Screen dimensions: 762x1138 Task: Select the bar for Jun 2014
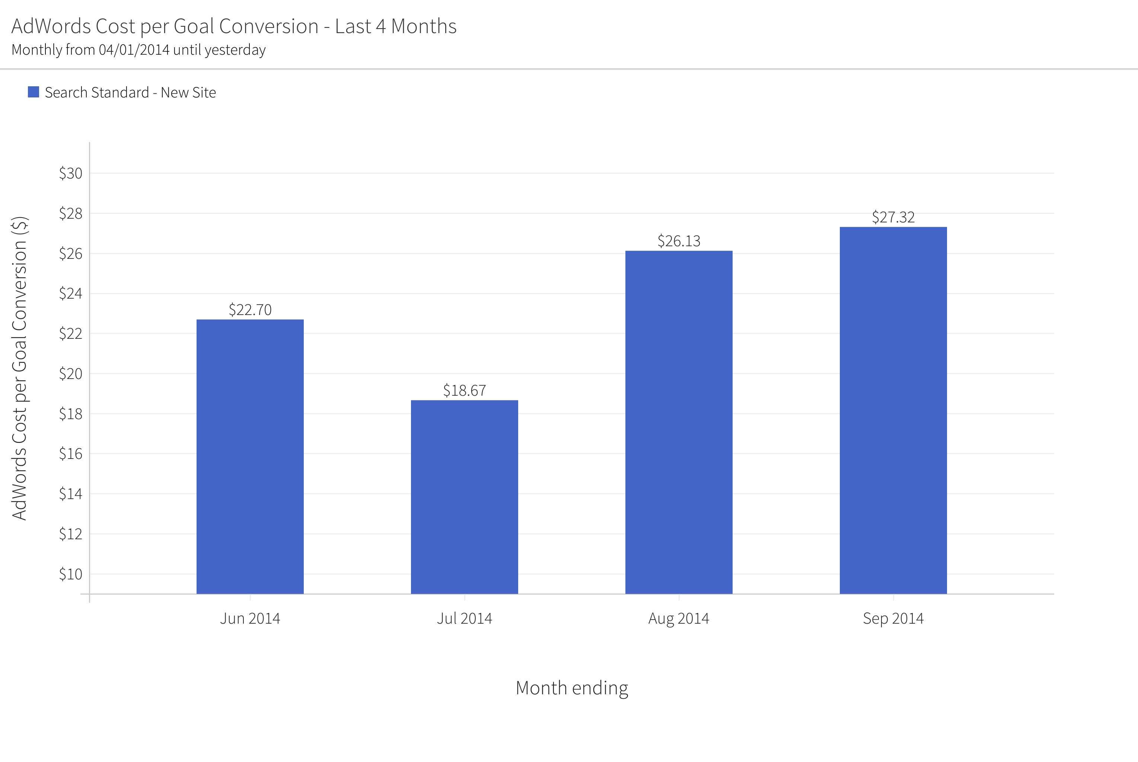[x=250, y=456]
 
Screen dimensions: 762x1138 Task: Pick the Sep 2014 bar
[x=893, y=410]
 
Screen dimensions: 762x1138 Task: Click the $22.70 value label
[x=250, y=309]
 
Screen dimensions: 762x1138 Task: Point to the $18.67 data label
[x=465, y=390]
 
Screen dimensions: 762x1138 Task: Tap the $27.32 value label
[x=893, y=217]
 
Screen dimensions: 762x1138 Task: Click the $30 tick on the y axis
[x=70, y=173]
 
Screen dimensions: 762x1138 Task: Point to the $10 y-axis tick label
[x=70, y=574]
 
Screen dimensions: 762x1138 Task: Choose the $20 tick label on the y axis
[x=70, y=374]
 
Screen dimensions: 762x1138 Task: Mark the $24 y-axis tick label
[x=70, y=293]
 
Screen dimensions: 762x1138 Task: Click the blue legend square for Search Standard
[x=34, y=92]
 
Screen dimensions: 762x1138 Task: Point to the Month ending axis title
[x=571, y=688]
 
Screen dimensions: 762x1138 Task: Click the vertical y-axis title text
[x=19, y=369]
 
